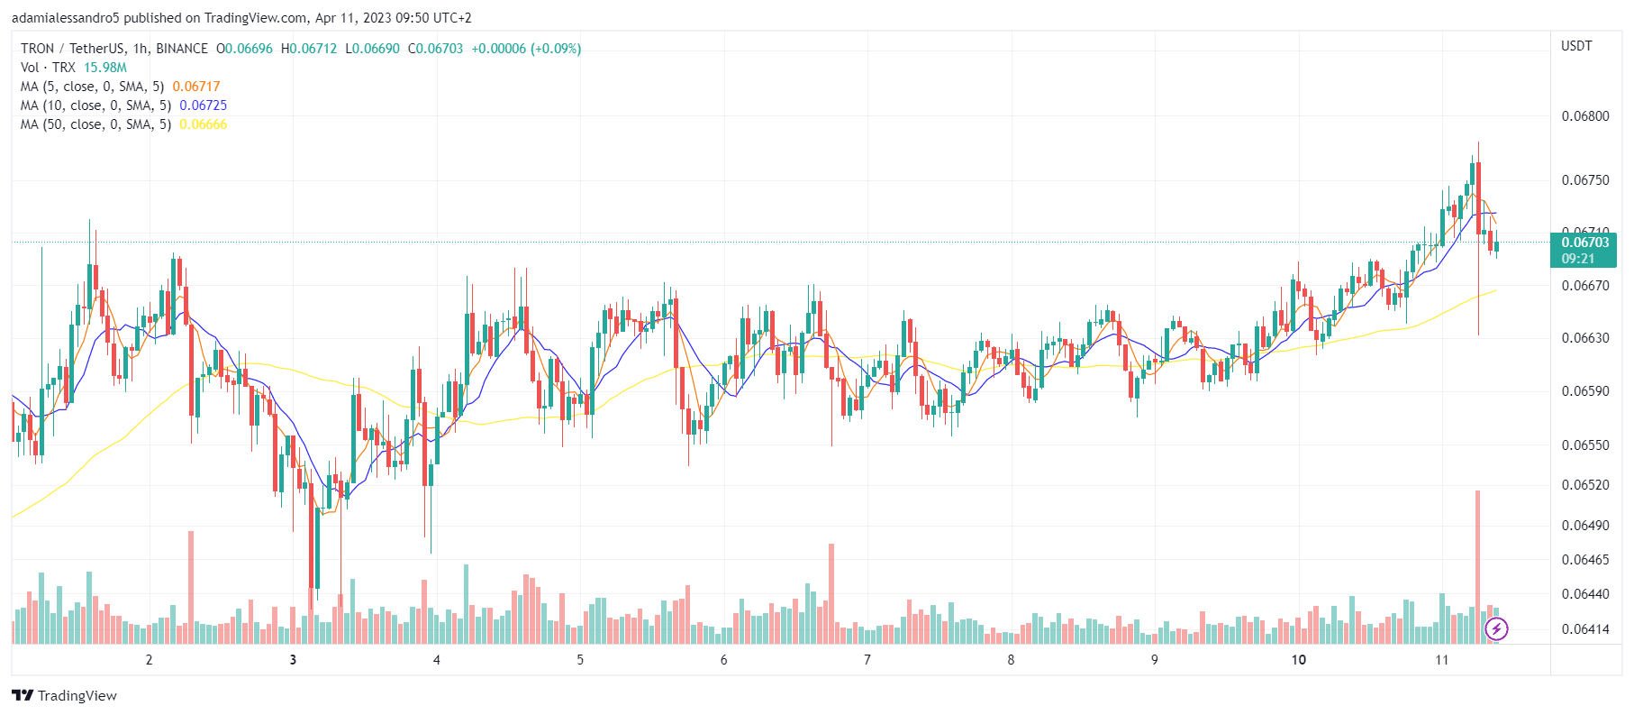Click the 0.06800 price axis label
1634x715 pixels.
click(1584, 116)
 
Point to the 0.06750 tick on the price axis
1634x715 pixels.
click(1584, 180)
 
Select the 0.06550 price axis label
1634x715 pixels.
click(1584, 445)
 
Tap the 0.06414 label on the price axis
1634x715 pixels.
click(1584, 629)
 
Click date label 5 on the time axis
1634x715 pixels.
click(580, 660)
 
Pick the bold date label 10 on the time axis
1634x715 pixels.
click(1298, 660)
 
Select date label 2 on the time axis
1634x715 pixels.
click(150, 660)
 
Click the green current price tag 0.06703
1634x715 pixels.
click(1584, 243)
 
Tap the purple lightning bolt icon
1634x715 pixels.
click(1496, 628)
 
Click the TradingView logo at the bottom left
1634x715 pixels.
click(65, 695)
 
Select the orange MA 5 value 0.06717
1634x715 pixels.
click(196, 87)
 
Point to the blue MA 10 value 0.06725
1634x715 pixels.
click(203, 105)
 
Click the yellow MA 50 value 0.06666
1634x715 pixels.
click(203, 124)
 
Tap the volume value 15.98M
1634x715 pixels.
click(105, 68)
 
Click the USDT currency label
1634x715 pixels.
click(1576, 46)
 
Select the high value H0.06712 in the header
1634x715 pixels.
click(309, 49)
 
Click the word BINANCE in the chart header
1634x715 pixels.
click(182, 49)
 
